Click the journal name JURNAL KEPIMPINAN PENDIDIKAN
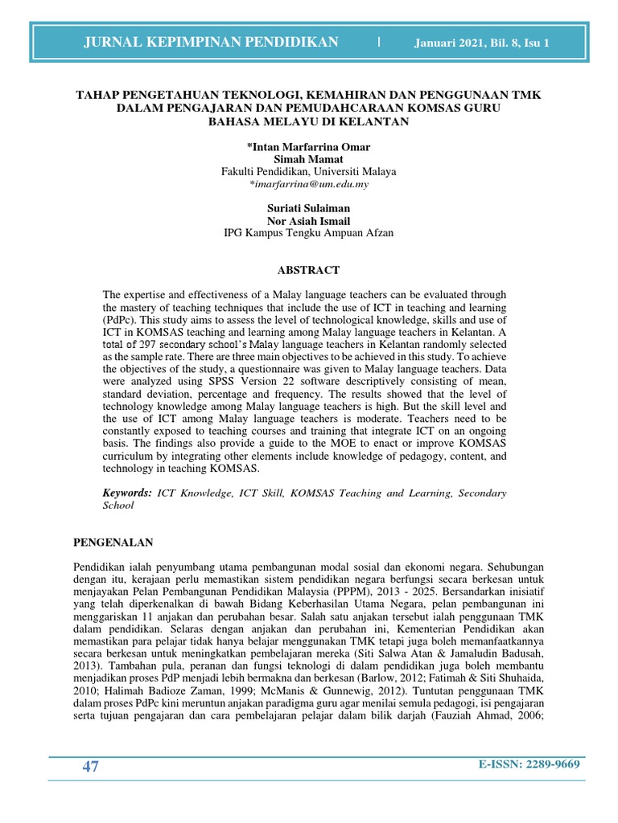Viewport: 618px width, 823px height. [x=211, y=43]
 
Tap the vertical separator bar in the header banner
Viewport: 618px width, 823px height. [x=379, y=42]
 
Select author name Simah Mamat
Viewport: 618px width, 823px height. [x=308, y=159]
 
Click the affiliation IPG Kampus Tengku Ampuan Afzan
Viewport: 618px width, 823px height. [x=308, y=233]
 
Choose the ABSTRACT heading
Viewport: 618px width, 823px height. [x=309, y=270]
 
